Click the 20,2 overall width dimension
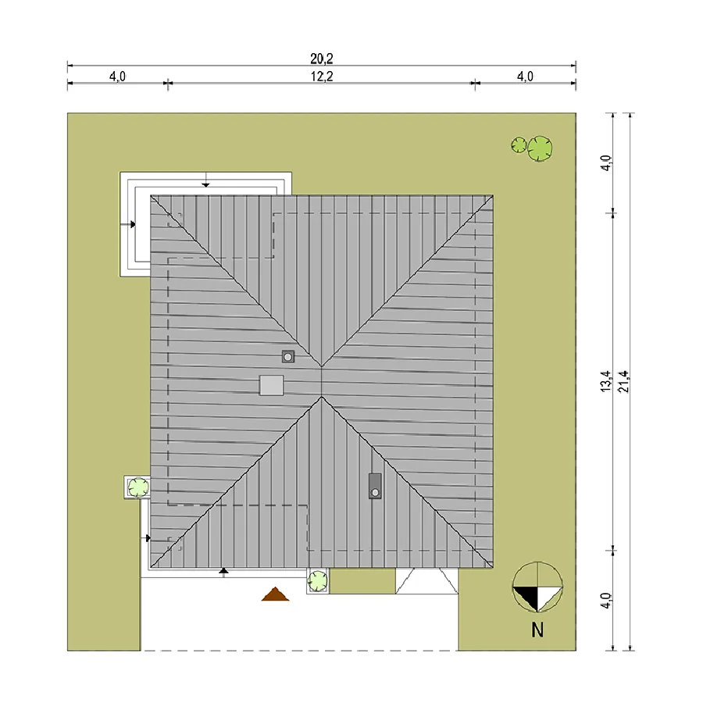(322, 59)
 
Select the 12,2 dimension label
(322, 77)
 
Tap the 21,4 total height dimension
(623, 381)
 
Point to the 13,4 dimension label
(605, 381)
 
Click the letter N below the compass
(537, 630)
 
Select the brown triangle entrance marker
(275, 594)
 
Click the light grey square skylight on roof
(271, 385)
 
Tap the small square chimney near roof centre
(288, 356)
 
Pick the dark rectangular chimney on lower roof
(375, 486)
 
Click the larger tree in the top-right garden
(539, 148)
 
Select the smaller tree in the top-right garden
(519, 145)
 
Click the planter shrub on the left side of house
(138, 487)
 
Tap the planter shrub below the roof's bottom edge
(318, 581)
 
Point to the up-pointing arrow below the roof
(223, 573)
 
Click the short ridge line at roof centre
(322, 381)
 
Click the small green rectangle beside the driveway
(362, 581)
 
